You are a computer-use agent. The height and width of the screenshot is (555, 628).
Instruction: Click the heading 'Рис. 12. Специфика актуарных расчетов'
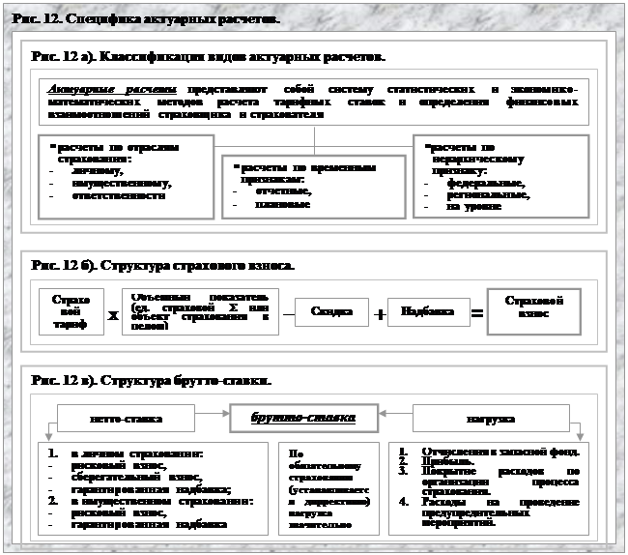(x=144, y=19)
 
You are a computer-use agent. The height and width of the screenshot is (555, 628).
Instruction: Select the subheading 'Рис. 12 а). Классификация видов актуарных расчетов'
(x=208, y=57)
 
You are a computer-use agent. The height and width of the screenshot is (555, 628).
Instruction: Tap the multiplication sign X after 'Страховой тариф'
(x=112, y=315)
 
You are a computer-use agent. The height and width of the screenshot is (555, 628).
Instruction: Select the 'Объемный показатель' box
(x=201, y=310)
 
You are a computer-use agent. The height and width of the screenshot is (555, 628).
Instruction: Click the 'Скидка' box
(x=329, y=312)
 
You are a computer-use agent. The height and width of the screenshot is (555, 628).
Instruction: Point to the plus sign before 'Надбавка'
(x=380, y=314)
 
